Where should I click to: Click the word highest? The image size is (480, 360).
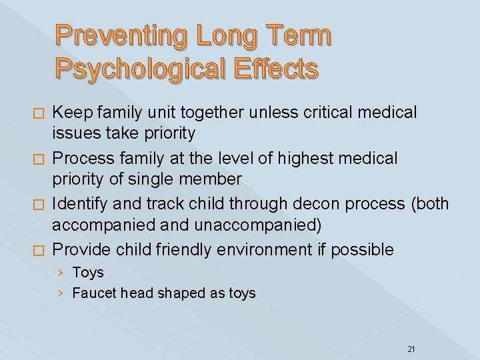point(313,159)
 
